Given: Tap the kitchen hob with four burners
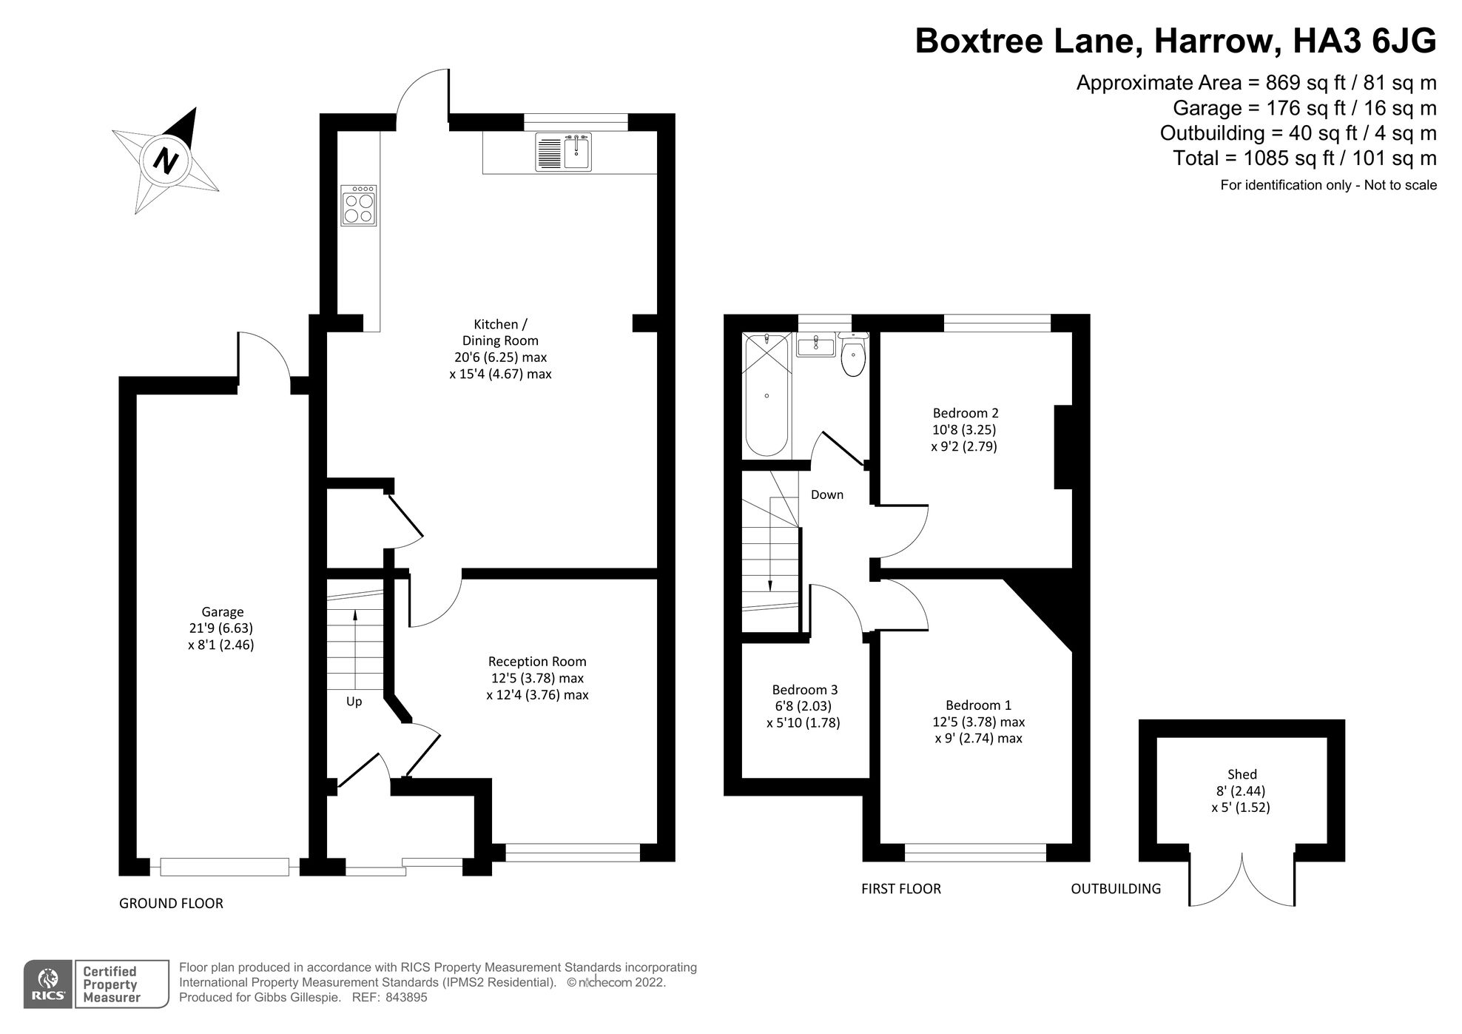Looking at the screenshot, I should pyautogui.click(x=359, y=205).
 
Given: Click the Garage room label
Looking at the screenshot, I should pyautogui.click(x=222, y=612).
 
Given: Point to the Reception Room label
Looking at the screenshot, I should pyautogui.click(x=537, y=662).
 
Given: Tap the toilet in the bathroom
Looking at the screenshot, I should pyautogui.click(x=853, y=357).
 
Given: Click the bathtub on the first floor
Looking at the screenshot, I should pyautogui.click(x=767, y=396).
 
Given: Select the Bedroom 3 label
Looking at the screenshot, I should pyautogui.click(x=804, y=689).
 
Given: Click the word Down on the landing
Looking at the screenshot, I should pyautogui.click(x=826, y=494).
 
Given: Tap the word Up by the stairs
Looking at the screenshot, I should pyautogui.click(x=354, y=701).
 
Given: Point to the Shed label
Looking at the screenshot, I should pyautogui.click(x=1242, y=774).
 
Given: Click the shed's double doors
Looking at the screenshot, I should pyautogui.click(x=1242, y=881).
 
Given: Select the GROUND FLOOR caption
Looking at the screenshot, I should pyautogui.click(x=171, y=903).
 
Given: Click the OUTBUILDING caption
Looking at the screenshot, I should pyautogui.click(x=1116, y=888).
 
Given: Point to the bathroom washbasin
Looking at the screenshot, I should pyautogui.click(x=816, y=345).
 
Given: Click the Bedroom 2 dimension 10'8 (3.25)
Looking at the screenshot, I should pyautogui.click(x=964, y=429).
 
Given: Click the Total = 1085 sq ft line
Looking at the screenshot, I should pyautogui.click(x=1304, y=158).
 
